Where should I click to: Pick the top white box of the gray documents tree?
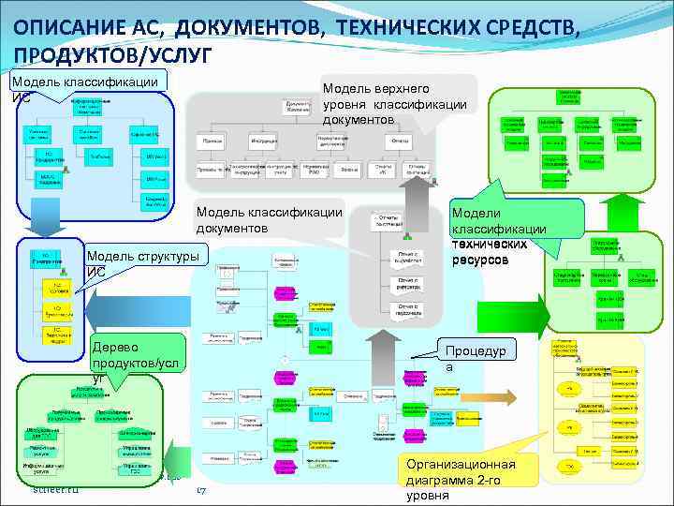pos(299,106)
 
